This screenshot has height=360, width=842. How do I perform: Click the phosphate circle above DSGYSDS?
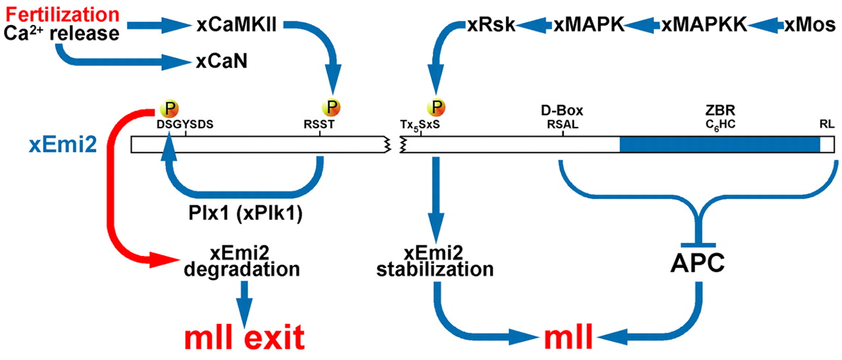coord(168,107)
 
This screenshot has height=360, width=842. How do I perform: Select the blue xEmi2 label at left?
coord(55,145)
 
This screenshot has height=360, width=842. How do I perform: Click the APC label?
coord(698,262)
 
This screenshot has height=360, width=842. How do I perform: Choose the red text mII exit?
coord(244,338)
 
